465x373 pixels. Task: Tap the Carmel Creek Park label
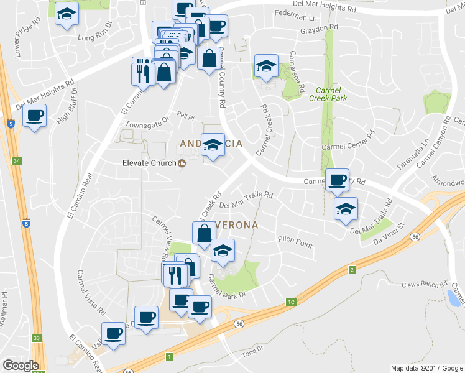coord(331,94)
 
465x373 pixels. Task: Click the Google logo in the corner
coord(21,366)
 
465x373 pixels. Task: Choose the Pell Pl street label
coord(185,116)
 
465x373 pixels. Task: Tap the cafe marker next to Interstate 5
coord(35,115)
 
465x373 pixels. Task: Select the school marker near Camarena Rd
coord(265,67)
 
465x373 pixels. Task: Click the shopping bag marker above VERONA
coord(205,234)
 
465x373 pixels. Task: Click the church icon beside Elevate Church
coord(182,164)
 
